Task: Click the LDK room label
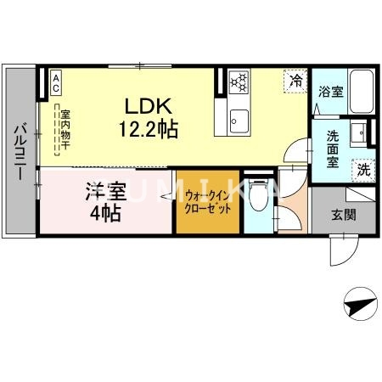(149, 106)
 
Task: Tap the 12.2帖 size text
(149, 129)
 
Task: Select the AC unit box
(56, 82)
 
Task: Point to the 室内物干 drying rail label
(65, 129)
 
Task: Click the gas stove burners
(239, 82)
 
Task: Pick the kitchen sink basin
(239, 121)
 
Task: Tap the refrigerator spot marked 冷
(295, 81)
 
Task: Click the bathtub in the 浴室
(362, 92)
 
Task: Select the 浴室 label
(330, 92)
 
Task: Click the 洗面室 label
(333, 149)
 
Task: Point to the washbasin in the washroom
(358, 132)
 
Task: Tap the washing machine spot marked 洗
(363, 170)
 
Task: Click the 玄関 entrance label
(344, 215)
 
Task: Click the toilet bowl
(259, 196)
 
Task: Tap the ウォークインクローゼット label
(208, 202)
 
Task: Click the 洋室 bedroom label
(106, 191)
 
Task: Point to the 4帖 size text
(106, 213)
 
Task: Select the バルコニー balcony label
(20, 152)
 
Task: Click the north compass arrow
(360, 306)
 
